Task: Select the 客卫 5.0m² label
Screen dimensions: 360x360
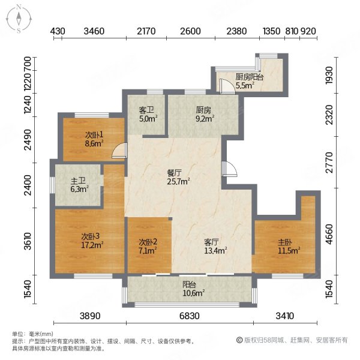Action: (148, 115)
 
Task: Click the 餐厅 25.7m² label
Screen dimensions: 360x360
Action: (178, 176)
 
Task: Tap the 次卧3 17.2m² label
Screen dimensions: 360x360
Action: (93, 240)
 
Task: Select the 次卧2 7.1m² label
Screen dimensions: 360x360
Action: (148, 246)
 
